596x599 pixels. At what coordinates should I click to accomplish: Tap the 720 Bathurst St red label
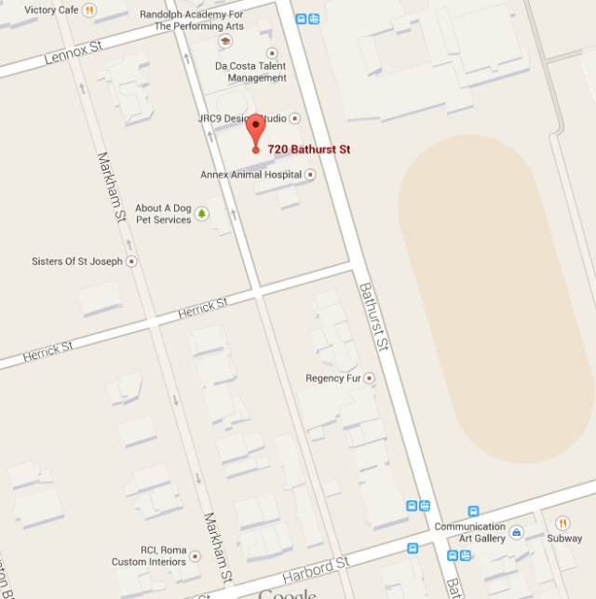pos(309,149)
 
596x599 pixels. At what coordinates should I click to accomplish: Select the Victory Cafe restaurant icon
pos(88,10)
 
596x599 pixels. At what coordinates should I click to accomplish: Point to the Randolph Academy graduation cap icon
pos(212,41)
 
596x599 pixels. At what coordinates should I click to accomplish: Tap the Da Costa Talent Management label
pos(250,72)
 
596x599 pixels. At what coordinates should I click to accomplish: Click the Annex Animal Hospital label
pos(251,175)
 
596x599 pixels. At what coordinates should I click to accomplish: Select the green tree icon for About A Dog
pos(201,214)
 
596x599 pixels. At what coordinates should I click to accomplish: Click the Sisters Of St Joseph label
pos(77,261)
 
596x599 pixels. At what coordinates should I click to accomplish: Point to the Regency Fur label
pos(332,379)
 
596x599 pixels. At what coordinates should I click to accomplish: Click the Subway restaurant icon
pos(562,523)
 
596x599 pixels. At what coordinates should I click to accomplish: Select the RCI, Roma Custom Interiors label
pos(149,556)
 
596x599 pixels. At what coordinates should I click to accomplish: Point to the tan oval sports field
pos(494,298)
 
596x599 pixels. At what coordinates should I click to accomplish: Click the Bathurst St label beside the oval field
pos(373,316)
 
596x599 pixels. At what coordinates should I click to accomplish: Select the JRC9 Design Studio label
pos(241,119)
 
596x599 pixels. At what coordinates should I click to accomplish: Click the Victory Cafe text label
pos(50,10)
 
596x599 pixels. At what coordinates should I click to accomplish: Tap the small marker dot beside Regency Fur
pos(369,379)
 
